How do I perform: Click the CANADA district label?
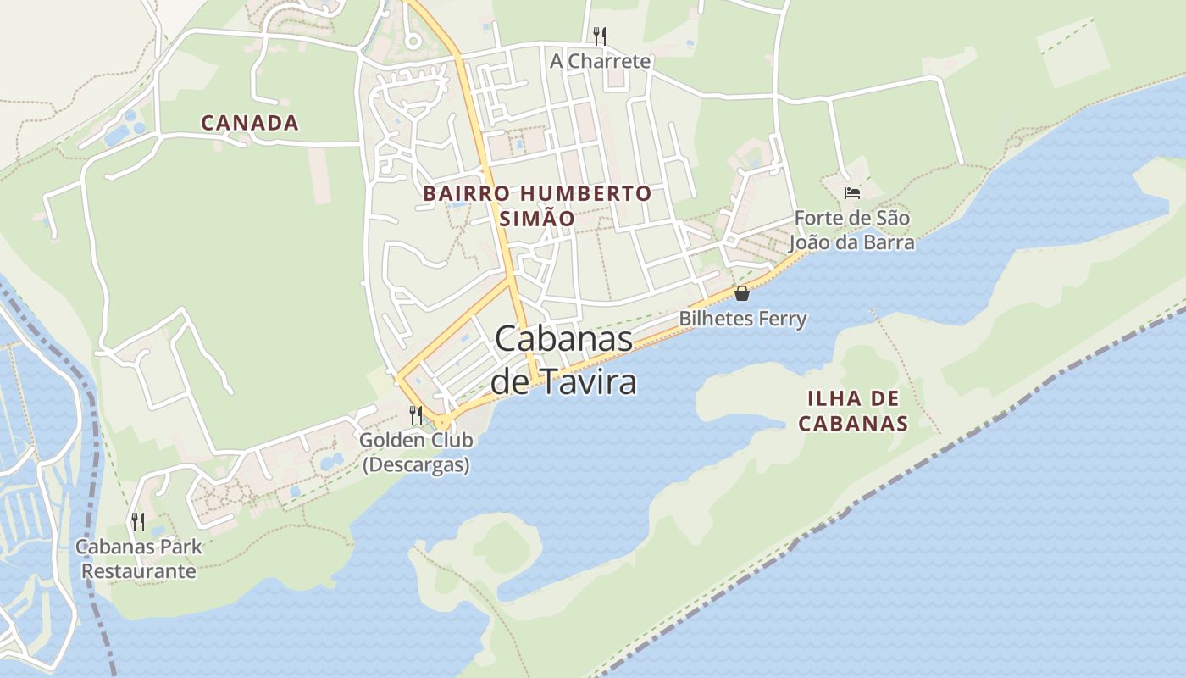pos(250,123)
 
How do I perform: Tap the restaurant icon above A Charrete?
pos(600,36)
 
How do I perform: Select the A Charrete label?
pos(600,61)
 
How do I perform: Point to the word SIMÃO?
pos(537,219)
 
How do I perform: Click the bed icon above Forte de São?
pos(852,193)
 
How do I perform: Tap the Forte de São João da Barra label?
pos(852,231)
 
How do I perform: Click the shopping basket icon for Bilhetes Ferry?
pos(742,293)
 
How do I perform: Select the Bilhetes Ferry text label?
pos(743,319)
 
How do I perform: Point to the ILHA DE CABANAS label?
pos(853,411)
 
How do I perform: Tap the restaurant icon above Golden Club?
pos(415,415)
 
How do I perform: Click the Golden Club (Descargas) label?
pos(416,453)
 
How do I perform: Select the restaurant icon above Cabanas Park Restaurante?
pos(138,521)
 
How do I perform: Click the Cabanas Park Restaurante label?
pos(139,559)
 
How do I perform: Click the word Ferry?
pos(782,319)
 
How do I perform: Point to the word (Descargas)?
pos(416,465)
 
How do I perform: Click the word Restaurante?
pos(139,571)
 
